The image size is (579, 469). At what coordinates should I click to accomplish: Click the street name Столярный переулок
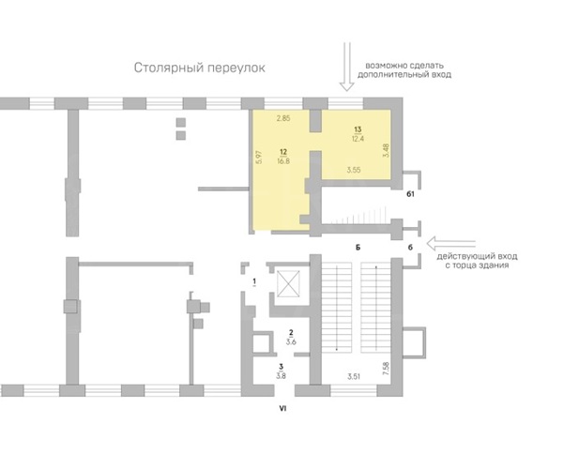[199, 68]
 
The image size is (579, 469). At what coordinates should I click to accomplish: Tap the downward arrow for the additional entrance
[346, 67]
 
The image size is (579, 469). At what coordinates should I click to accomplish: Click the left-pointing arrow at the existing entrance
[450, 244]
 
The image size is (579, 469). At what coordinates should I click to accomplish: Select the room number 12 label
[283, 152]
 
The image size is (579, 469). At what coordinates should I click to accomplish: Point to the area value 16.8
[283, 161]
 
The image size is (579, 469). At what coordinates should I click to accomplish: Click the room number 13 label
[358, 129]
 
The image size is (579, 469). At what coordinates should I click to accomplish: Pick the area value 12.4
[358, 139]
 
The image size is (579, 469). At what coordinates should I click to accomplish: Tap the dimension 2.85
[283, 118]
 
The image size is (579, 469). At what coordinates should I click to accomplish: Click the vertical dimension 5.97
[259, 158]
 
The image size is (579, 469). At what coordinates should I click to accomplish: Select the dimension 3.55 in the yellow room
[354, 170]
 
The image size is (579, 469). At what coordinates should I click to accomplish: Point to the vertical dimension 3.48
[387, 150]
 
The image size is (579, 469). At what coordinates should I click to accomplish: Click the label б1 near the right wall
[410, 194]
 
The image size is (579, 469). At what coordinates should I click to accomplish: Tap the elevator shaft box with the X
[288, 284]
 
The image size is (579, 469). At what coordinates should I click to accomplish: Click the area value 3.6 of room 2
[291, 342]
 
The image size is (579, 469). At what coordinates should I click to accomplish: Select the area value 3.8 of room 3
[281, 376]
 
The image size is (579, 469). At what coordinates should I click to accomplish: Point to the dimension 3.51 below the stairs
[354, 377]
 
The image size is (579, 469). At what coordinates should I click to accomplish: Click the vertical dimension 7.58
[387, 369]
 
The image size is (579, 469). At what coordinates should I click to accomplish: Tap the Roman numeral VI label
[282, 408]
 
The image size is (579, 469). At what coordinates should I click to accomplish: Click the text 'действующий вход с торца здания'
[477, 261]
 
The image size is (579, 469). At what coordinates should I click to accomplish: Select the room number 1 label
[254, 282]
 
